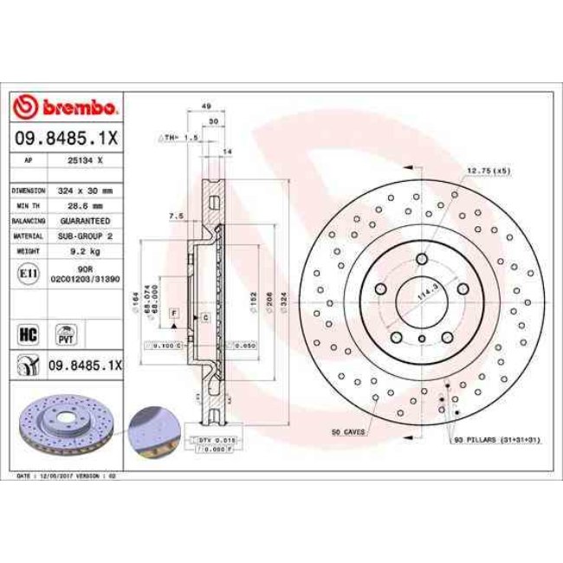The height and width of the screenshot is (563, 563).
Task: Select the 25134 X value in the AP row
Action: click(86, 160)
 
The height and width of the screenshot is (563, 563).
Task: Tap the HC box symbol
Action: click(27, 333)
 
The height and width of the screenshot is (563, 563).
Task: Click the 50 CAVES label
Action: click(347, 430)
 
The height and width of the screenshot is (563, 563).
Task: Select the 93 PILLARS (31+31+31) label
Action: click(496, 440)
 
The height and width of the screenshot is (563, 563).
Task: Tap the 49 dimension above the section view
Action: click(207, 106)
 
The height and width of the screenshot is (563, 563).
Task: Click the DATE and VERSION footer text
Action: click(68, 476)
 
